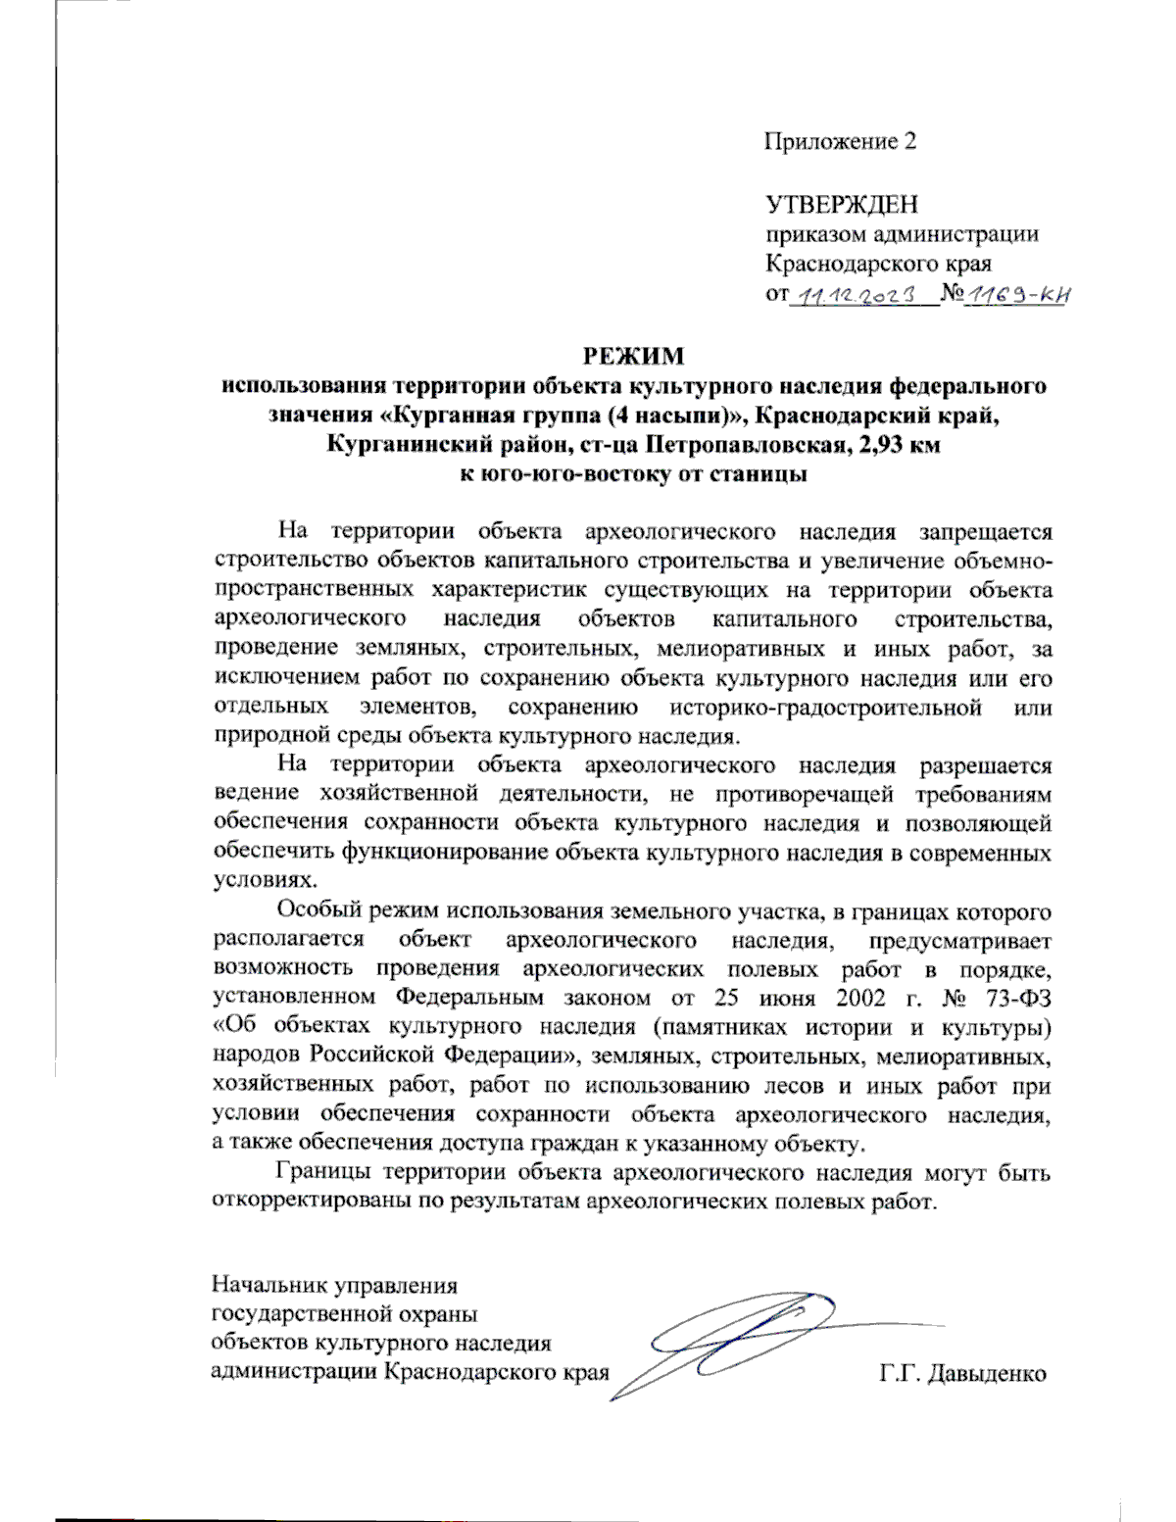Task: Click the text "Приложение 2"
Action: click(840, 142)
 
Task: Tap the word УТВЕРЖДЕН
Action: click(842, 205)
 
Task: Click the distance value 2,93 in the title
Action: click(875, 444)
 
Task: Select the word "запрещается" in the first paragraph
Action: click(985, 532)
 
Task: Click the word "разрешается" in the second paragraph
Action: click(985, 765)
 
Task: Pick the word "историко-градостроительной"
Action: click(826, 708)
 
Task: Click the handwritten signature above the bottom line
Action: click(745, 1338)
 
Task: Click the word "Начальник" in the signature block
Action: click(269, 1286)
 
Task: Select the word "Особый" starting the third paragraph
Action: click(319, 911)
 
